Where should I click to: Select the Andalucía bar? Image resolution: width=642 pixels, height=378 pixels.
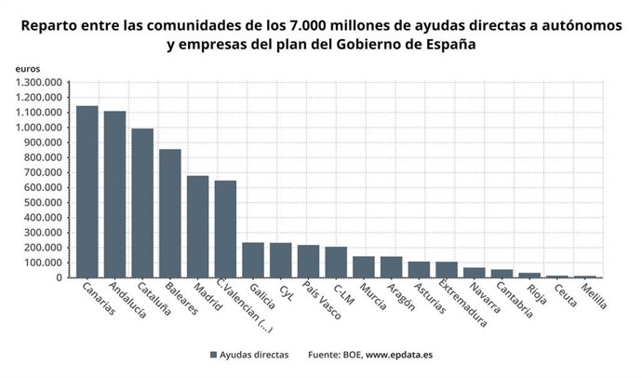(x=114, y=195)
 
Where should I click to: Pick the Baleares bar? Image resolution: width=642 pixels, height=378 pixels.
(x=169, y=213)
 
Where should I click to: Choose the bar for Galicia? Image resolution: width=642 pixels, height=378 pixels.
(x=253, y=260)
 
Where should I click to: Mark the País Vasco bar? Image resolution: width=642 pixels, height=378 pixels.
(x=308, y=262)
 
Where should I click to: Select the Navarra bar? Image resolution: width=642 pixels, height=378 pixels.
(x=475, y=273)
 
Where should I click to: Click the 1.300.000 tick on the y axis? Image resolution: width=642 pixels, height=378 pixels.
(x=38, y=83)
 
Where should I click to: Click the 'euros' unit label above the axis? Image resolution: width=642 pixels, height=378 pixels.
(x=28, y=69)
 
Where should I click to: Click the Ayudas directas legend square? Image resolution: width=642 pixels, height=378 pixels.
(x=214, y=355)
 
